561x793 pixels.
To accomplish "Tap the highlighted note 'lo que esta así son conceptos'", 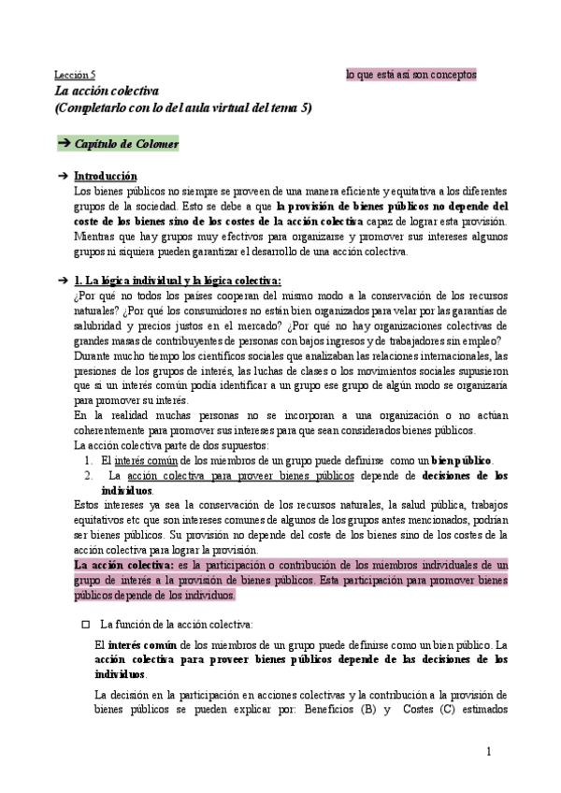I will (x=411, y=73).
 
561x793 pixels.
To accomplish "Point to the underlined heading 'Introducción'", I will (x=105, y=177).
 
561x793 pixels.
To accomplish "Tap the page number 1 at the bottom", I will (x=489, y=753).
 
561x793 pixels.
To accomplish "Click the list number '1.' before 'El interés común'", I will (x=88, y=460).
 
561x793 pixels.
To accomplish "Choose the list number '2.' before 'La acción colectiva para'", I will (x=88, y=476).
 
